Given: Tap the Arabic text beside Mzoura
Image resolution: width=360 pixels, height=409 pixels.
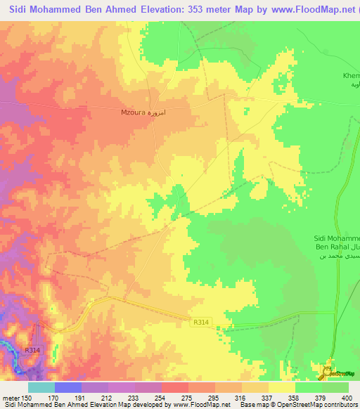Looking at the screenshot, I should [x=161, y=111].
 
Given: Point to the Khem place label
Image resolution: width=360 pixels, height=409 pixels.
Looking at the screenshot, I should [x=349, y=74].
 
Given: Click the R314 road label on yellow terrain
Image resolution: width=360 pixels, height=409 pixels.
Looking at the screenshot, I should [x=200, y=323].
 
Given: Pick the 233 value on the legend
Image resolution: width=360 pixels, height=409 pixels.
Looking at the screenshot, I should [x=135, y=397].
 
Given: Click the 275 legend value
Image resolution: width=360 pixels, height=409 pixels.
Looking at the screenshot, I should [x=188, y=397].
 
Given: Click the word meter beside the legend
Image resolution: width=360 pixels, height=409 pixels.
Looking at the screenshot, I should [x=10, y=397].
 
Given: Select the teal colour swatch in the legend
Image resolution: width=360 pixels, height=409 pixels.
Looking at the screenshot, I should [x=41, y=387].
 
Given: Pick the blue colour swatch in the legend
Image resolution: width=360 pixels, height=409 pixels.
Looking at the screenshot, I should [x=67, y=387].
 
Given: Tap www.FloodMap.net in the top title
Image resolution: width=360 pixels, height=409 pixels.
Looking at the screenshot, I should [x=304, y=10].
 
